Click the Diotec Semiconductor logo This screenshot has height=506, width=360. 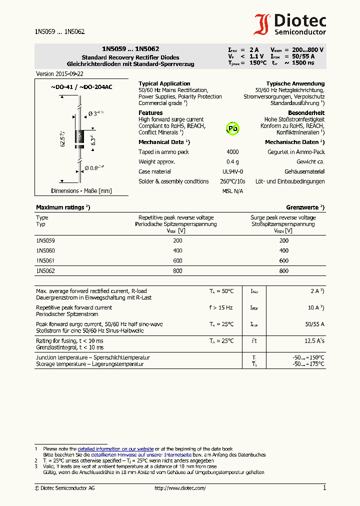click(x=290, y=24)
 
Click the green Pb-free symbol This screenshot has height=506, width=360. click(x=232, y=128)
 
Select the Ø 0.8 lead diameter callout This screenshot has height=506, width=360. click(x=94, y=168)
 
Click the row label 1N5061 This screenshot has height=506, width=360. click(x=45, y=260)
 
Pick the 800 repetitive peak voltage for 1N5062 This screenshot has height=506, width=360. click(x=178, y=270)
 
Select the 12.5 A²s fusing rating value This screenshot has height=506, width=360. click(x=314, y=340)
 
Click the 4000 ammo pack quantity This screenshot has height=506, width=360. click(x=232, y=152)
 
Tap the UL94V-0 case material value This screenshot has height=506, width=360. click(x=232, y=171)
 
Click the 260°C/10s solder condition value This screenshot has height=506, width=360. click(x=233, y=181)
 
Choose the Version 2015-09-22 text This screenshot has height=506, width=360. click(x=59, y=73)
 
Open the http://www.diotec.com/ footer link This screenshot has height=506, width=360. click(x=180, y=488)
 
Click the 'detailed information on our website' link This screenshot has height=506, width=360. click(x=115, y=449)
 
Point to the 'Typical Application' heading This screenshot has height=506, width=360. click(x=164, y=83)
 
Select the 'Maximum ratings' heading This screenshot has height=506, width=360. click(x=62, y=207)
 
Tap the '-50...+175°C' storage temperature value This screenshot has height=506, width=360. click(x=308, y=364)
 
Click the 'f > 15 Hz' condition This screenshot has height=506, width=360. click(x=221, y=307)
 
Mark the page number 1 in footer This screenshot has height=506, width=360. click(x=324, y=487)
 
